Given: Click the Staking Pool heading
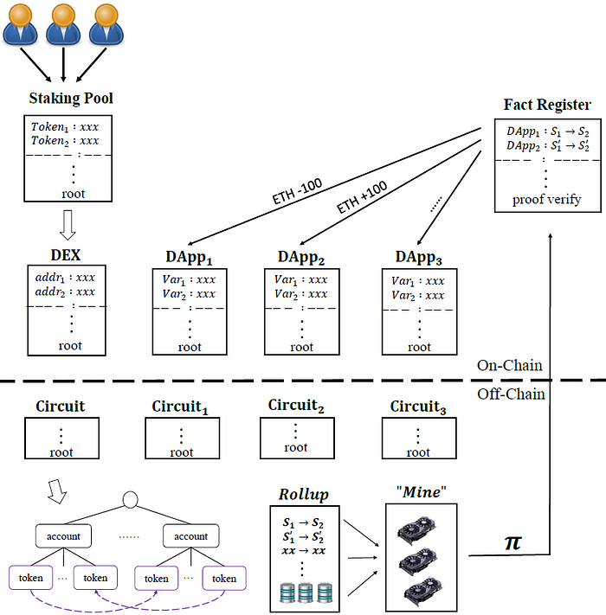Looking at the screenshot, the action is (71, 99).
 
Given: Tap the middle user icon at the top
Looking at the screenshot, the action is (63, 24).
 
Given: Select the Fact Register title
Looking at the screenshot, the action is (547, 105).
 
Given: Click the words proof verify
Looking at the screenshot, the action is (546, 200).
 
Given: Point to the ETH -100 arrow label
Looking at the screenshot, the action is (297, 190).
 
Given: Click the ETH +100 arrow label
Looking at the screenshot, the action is (362, 197).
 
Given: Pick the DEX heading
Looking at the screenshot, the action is (66, 255).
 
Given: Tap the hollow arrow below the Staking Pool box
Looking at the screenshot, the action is (68, 225).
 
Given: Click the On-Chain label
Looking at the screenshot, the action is (509, 366).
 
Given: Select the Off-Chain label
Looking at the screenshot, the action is (511, 394).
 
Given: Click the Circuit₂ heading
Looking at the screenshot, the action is (296, 406).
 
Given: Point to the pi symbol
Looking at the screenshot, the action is (513, 542).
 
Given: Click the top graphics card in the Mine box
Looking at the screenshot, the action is (417, 530).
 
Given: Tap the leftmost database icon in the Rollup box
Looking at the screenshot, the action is (287, 593).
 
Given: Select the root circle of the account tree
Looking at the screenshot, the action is (131, 500).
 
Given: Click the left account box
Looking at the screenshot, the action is (63, 535).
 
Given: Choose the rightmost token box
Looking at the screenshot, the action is (224, 578).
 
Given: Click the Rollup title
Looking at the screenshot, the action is (304, 495).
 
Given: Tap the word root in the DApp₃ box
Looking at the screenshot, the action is (419, 347).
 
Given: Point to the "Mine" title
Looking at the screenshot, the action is (421, 492).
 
